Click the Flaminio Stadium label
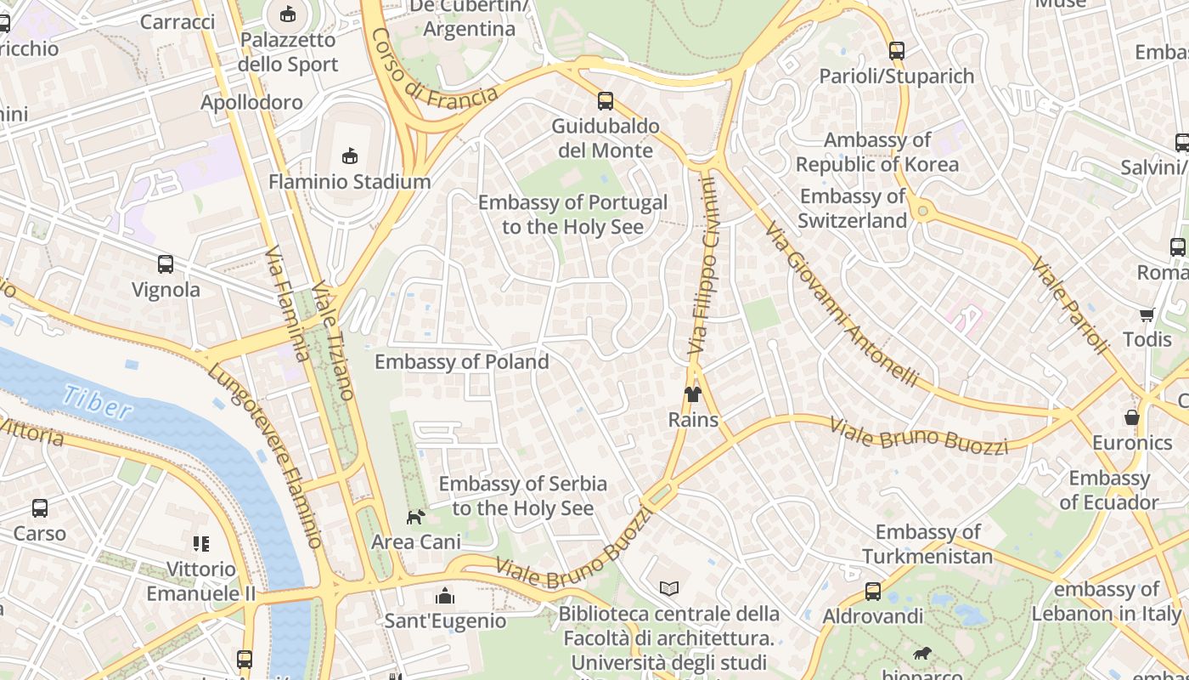point(349,181)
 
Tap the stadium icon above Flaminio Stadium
point(349,156)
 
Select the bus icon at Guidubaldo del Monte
point(605,101)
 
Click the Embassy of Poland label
point(461,361)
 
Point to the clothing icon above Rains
point(693,394)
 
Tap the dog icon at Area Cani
point(415,517)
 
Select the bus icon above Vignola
point(166,264)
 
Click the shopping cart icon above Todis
point(1147,315)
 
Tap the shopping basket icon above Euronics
point(1131,417)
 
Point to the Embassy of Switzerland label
point(853,208)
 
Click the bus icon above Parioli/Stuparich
point(896,51)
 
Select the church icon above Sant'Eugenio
point(445,596)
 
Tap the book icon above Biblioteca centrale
point(668,588)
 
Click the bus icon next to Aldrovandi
point(872,592)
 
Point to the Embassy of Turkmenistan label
point(927,544)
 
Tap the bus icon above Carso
point(40,508)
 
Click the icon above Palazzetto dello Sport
point(288,14)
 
